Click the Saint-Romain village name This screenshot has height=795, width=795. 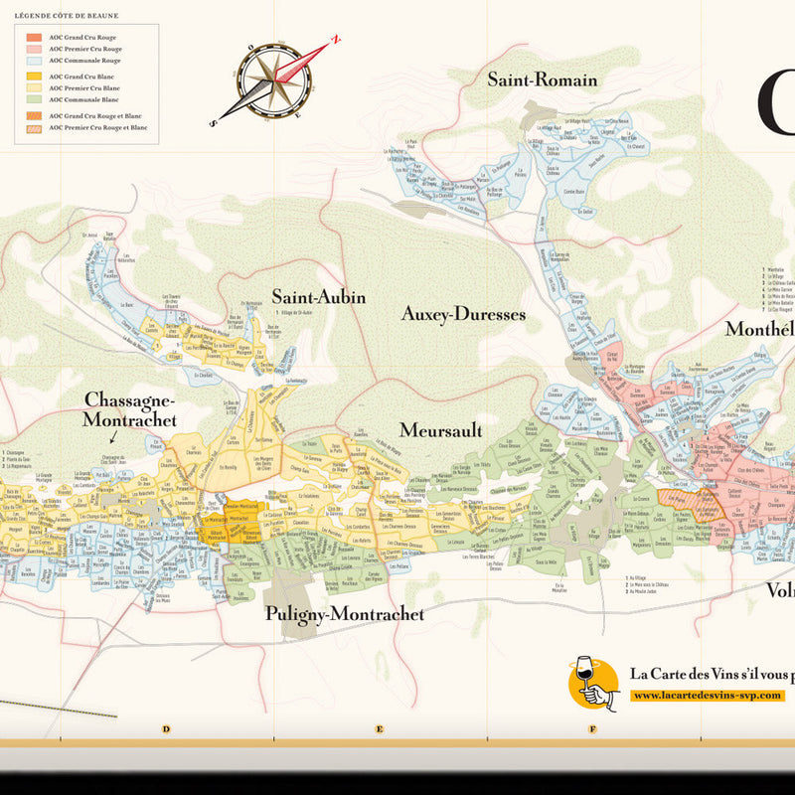542,79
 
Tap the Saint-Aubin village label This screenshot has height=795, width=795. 319,297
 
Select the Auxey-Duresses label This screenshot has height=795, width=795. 463,314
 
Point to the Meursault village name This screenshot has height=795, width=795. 440,430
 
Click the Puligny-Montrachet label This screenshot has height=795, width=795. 345,614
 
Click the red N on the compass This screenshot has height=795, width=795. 337,41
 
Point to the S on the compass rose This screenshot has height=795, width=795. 214,122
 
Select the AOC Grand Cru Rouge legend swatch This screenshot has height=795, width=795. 34,37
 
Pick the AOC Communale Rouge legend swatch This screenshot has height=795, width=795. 34,60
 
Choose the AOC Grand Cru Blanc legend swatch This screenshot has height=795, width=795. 34,77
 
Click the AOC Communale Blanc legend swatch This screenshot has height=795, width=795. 34,99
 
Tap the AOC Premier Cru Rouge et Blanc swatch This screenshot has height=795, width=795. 34,127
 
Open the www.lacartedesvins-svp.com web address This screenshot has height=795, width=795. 708,696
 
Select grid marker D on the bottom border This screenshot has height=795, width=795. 166,729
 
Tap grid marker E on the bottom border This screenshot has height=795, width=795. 380,729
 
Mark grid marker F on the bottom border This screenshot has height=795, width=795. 592,729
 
